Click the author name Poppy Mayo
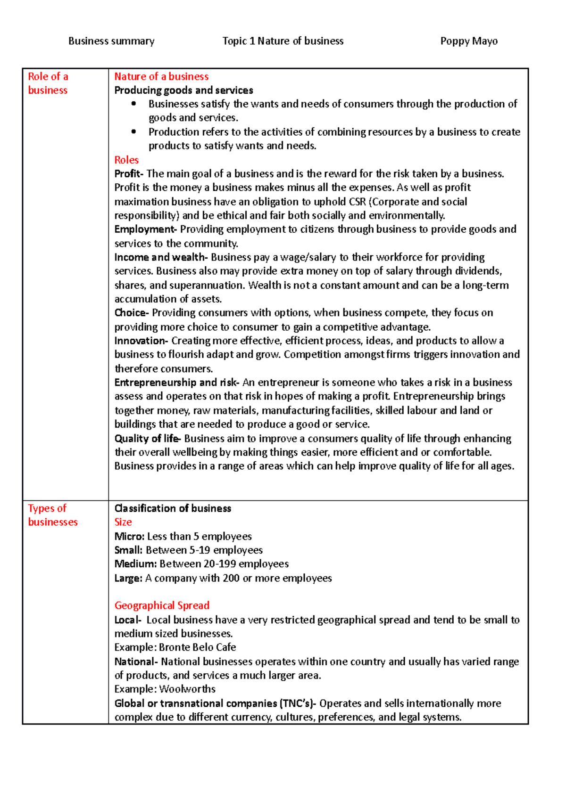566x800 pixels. [468, 41]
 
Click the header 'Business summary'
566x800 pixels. [111, 41]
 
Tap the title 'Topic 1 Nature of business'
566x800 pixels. [283, 41]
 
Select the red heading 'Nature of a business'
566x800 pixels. [161, 76]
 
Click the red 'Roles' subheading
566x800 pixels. [126, 160]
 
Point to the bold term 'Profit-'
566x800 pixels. [128, 174]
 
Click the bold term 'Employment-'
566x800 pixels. [145, 229]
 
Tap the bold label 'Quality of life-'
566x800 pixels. [147, 439]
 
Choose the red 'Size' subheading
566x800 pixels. [123, 522]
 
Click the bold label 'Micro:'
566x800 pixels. [129, 536]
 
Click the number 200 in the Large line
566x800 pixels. [231, 578]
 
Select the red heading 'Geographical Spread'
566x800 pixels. [162, 605]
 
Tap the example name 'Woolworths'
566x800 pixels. [187, 689]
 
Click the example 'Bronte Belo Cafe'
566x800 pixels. [197, 647]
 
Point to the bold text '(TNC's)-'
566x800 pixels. [298, 703]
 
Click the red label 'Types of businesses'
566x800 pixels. [52, 515]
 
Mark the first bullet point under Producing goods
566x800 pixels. [134, 104]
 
